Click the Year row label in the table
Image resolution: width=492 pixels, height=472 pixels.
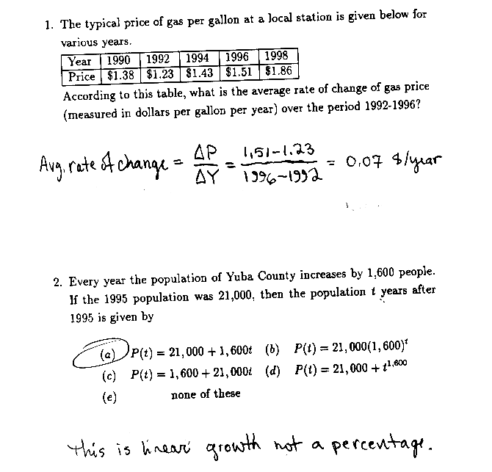coord(80,62)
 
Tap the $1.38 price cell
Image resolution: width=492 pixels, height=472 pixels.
coord(120,75)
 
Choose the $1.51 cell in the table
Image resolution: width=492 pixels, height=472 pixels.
coord(239,73)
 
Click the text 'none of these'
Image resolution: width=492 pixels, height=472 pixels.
coord(206,394)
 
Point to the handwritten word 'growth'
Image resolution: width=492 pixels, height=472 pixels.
coord(233,443)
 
